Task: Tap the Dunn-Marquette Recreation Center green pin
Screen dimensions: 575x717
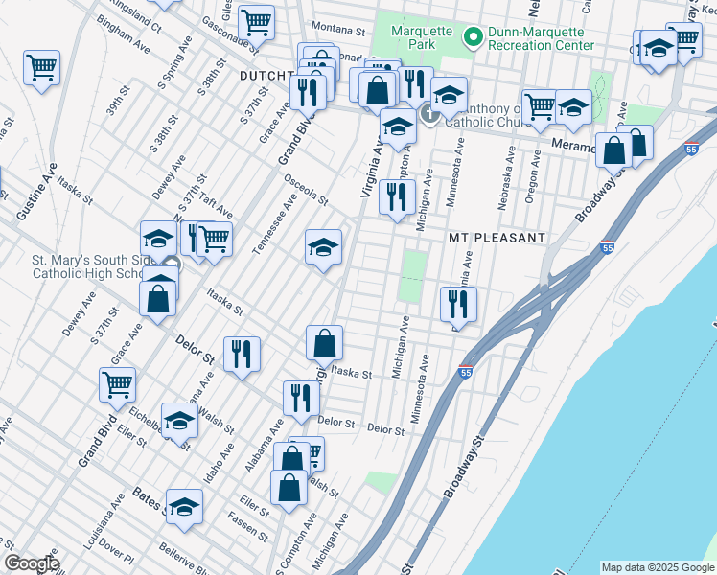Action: click(472, 37)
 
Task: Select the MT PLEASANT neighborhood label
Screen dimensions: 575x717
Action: click(497, 237)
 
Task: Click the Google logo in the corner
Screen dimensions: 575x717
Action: click(32, 563)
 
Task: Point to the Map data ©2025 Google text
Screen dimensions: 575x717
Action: click(657, 567)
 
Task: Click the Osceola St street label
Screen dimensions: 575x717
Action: click(304, 189)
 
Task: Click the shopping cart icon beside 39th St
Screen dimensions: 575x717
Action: click(42, 67)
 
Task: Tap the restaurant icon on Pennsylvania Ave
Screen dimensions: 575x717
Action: click(458, 304)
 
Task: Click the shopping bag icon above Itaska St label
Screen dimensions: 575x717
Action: click(325, 341)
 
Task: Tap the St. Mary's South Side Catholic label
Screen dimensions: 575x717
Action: click(88, 266)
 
